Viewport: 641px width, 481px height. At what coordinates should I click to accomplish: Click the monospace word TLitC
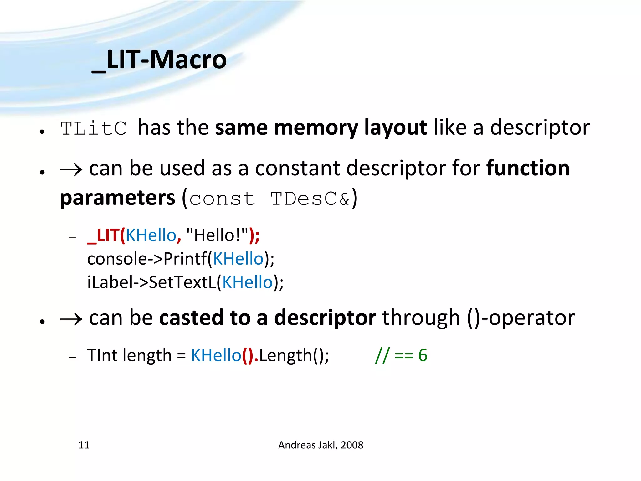click(x=93, y=128)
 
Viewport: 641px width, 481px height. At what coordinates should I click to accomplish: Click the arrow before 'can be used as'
click(x=71, y=169)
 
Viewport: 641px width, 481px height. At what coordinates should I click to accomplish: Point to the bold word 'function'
click(x=528, y=168)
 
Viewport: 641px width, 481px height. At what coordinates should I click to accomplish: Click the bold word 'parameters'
click(x=117, y=198)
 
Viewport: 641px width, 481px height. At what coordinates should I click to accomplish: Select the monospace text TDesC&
click(x=310, y=199)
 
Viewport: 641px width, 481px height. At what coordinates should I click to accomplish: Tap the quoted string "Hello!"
click(x=217, y=235)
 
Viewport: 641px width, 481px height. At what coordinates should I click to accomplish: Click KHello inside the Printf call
click(x=238, y=259)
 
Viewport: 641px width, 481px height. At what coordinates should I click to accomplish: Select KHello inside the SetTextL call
click(x=247, y=282)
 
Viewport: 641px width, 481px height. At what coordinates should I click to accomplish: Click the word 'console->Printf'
click(x=147, y=259)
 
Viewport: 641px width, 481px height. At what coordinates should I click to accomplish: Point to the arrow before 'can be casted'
click(x=71, y=319)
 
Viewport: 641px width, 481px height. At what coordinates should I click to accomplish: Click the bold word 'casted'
click(x=191, y=318)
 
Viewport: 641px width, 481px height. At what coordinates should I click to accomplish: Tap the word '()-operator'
click(x=521, y=318)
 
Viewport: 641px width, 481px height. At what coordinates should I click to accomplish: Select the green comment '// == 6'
click(x=401, y=355)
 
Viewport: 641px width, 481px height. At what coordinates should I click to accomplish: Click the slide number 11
click(x=84, y=445)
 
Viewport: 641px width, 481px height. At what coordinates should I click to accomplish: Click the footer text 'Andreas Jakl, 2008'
click(x=320, y=445)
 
